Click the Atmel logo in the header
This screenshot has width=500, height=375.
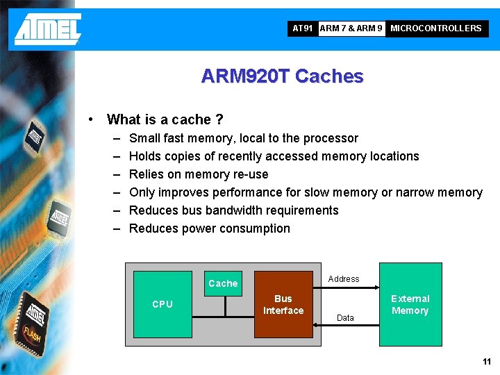48,28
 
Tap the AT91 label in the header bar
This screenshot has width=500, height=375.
303,28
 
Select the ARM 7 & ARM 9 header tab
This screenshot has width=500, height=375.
351,28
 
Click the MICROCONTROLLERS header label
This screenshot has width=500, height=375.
435,28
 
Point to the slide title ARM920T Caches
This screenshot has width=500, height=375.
282,76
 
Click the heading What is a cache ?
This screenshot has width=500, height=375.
165,119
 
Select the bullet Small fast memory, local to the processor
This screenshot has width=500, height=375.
244,138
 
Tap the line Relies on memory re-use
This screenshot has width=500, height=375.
199,174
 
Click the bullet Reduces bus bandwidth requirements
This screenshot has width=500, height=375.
234,210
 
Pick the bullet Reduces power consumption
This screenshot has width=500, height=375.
210,228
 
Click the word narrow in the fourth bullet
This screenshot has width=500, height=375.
414,192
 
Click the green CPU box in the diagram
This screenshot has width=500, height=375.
162,304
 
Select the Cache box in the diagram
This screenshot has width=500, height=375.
223,283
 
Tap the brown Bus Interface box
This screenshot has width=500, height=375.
283,304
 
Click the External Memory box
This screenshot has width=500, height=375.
410,304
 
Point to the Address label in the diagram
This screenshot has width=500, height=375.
344,279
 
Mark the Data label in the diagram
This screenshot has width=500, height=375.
345,317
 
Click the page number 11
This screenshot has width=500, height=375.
486,362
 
